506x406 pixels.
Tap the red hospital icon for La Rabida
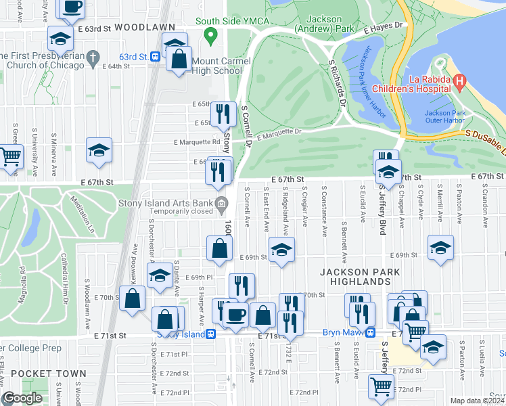460,83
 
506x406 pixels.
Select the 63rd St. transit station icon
155,56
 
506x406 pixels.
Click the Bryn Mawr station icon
371,332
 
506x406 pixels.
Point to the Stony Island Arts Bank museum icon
221,204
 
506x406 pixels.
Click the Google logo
22,398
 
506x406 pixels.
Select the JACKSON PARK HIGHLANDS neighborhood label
361,276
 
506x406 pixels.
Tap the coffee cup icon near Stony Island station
235,315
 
